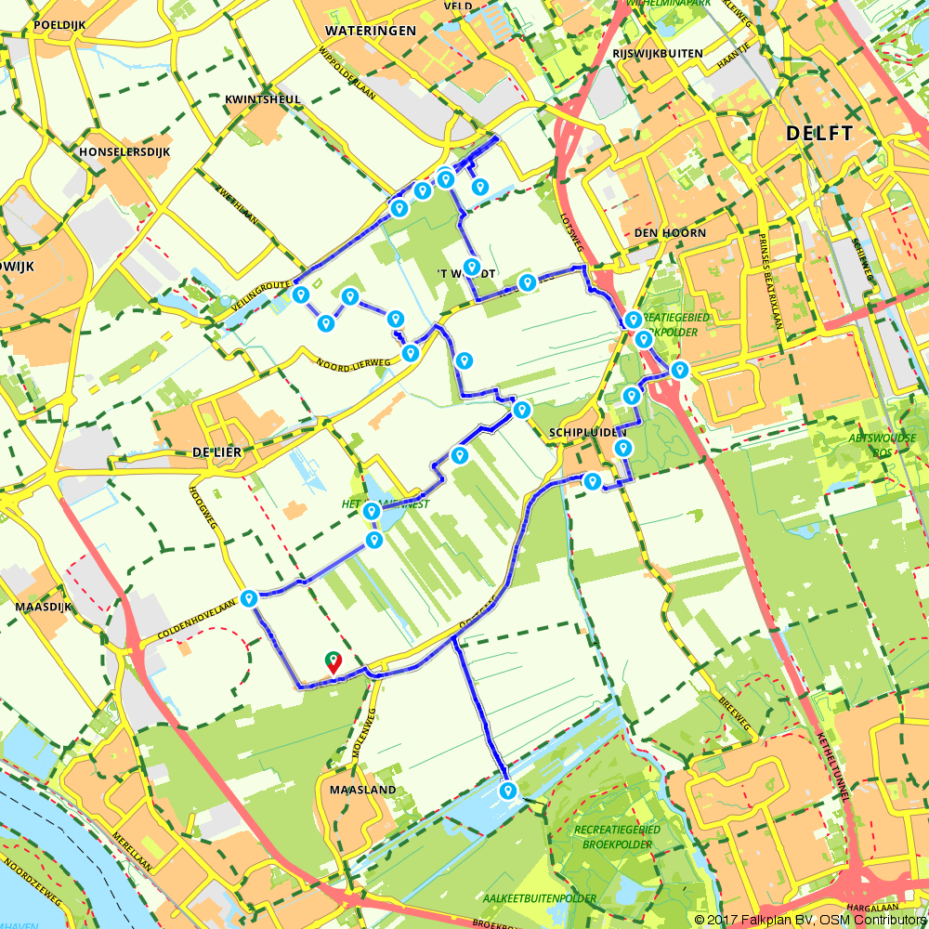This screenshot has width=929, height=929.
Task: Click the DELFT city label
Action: (x=818, y=134)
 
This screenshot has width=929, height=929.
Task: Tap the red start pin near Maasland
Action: (x=333, y=661)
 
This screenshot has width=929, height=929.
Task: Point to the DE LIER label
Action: (x=216, y=452)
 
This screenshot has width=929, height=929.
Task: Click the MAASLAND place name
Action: (x=362, y=790)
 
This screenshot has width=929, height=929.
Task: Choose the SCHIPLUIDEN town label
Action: (x=588, y=433)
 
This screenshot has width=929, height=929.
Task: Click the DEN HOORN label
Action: (x=670, y=232)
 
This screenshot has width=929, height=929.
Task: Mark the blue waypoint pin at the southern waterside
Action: (x=507, y=791)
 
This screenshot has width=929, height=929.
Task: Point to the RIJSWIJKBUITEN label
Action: (x=658, y=54)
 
